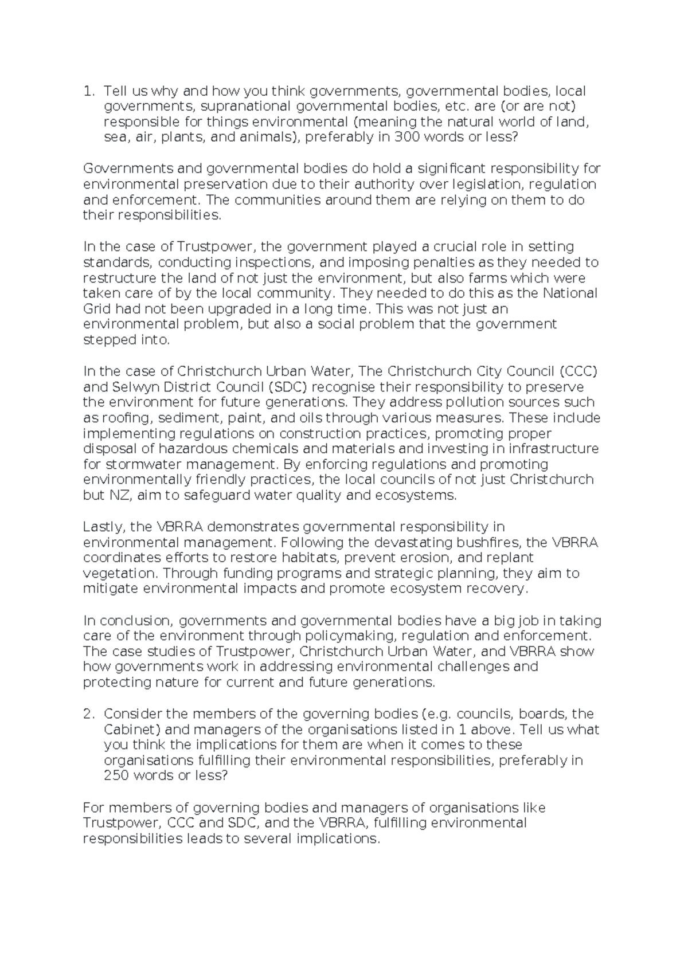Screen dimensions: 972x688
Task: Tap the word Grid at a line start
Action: tap(96, 309)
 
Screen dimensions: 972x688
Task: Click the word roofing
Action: tap(118, 417)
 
